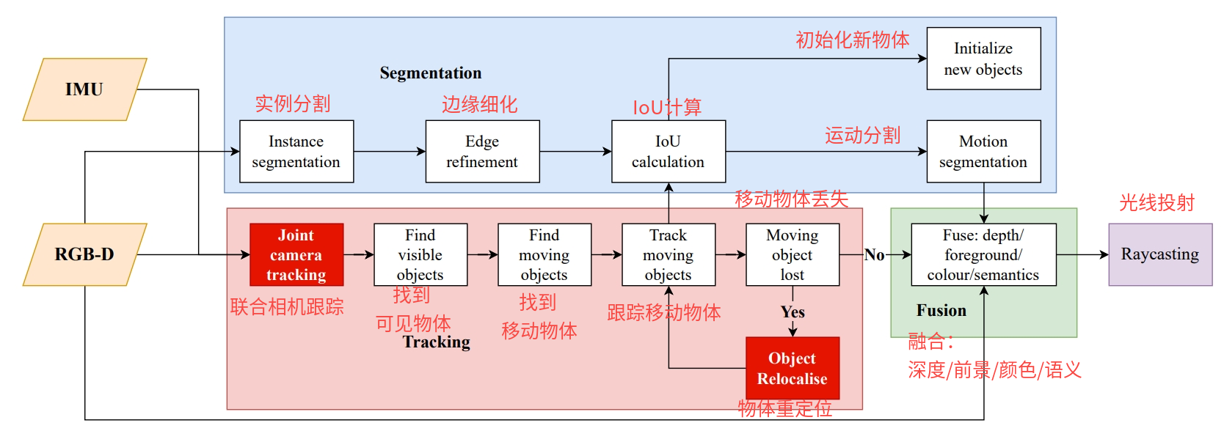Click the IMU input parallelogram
click(x=84, y=89)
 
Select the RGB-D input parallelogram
click(x=84, y=254)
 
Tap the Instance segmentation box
click(x=296, y=152)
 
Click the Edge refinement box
click(x=482, y=152)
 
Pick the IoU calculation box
click(x=669, y=152)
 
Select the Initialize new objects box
click(x=983, y=59)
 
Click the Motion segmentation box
click(x=983, y=152)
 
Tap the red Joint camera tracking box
click(x=296, y=254)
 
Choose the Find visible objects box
click(x=420, y=254)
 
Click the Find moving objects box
click(x=544, y=254)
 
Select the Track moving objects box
click(x=669, y=254)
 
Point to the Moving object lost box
click(x=793, y=254)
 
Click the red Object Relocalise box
click(x=793, y=368)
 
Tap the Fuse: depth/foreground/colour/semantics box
click(x=983, y=254)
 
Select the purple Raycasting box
click(x=1160, y=254)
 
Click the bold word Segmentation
click(x=431, y=73)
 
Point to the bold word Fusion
click(x=941, y=311)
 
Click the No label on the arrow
click(x=874, y=255)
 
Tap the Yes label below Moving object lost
click(x=793, y=312)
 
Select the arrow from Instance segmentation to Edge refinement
click(x=390, y=152)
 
